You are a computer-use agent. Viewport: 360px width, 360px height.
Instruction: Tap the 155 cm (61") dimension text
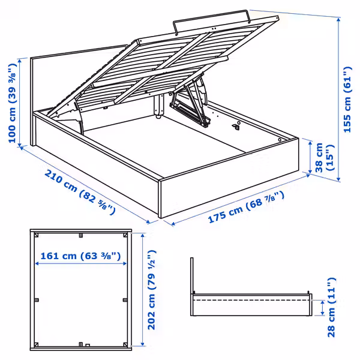347,92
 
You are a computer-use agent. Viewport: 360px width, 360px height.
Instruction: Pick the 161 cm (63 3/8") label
80,256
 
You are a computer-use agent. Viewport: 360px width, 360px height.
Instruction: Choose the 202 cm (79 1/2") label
154,288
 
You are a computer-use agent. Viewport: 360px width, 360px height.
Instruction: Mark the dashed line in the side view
252,298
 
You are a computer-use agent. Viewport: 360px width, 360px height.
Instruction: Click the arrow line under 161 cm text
80,264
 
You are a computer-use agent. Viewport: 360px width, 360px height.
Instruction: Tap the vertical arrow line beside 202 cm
143,288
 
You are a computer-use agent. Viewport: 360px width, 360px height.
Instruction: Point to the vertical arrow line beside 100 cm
26,103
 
